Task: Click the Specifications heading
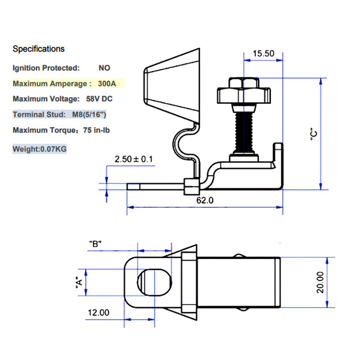[38, 49]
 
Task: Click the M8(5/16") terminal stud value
[89, 114]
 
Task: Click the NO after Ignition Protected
[104, 68]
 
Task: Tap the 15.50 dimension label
[263, 53]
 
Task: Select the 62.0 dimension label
[204, 200]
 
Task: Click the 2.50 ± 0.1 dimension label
[134, 159]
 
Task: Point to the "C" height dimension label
[315, 135]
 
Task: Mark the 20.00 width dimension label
[320, 282]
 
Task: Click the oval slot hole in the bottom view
[154, 282]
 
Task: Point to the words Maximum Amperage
[49, 84]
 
